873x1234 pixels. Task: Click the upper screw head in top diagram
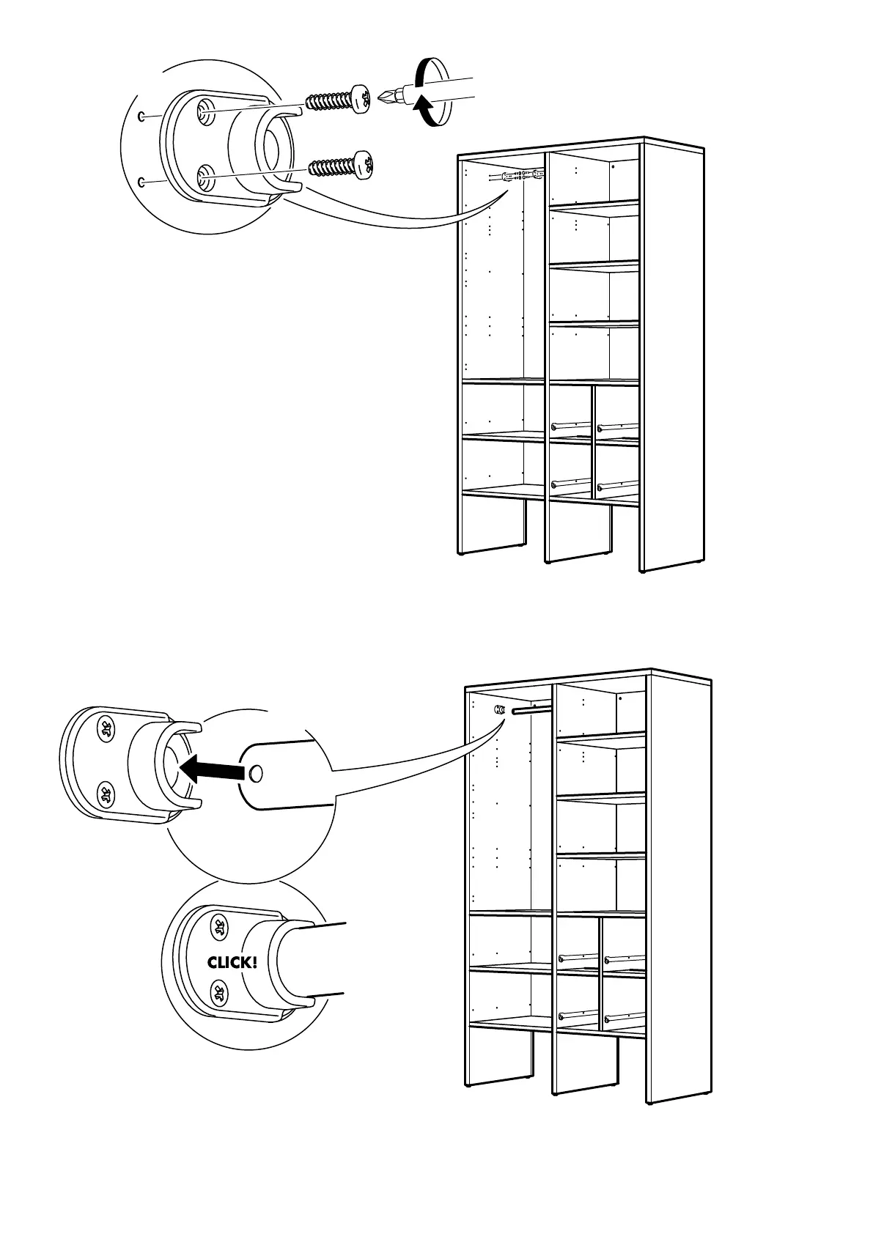coord(360,100)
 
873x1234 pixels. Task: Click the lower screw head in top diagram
coord(364,165)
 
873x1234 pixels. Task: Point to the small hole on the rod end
coord(255,774)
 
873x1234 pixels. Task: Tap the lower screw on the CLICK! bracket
coord(219,994)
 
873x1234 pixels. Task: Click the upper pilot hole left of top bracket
coord(141,117)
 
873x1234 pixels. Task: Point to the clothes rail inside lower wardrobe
coord(532,709)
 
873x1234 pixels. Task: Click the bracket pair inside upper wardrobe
coord(516,177)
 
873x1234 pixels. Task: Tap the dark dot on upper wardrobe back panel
coord(614,166)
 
